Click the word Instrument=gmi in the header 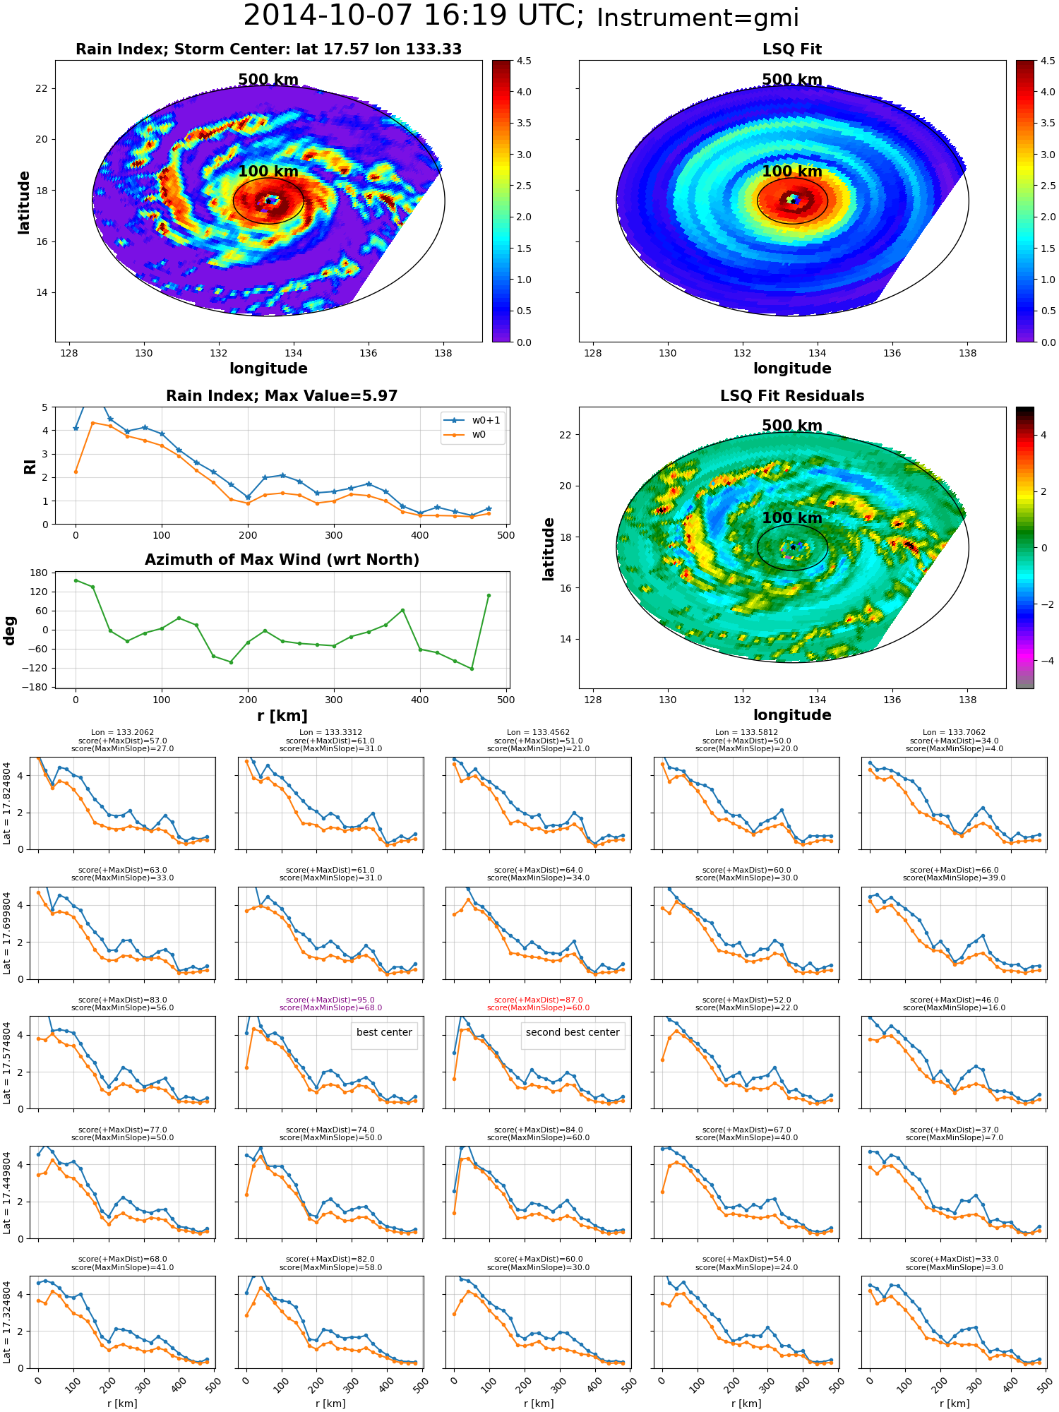[x=698, y=18]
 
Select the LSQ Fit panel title [x=792, y=49]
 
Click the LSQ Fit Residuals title [x=792, y=396]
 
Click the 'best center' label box [x=384, y=1032]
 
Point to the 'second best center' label [x=573, y=1032]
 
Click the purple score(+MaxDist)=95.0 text [x=330, y=1000]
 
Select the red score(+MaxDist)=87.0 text [x=539, y=1000]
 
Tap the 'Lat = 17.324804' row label [x=7, y=1322]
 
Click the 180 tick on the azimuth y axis [x=40, y=573]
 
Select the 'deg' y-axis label [x=10, y=630]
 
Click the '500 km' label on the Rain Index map [x=268, y=80]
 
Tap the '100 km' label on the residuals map [x=792, y=517]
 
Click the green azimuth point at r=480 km [x=489, y=595]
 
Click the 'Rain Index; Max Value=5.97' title [x=282, y=396]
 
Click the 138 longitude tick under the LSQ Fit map [x=967, y=353]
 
